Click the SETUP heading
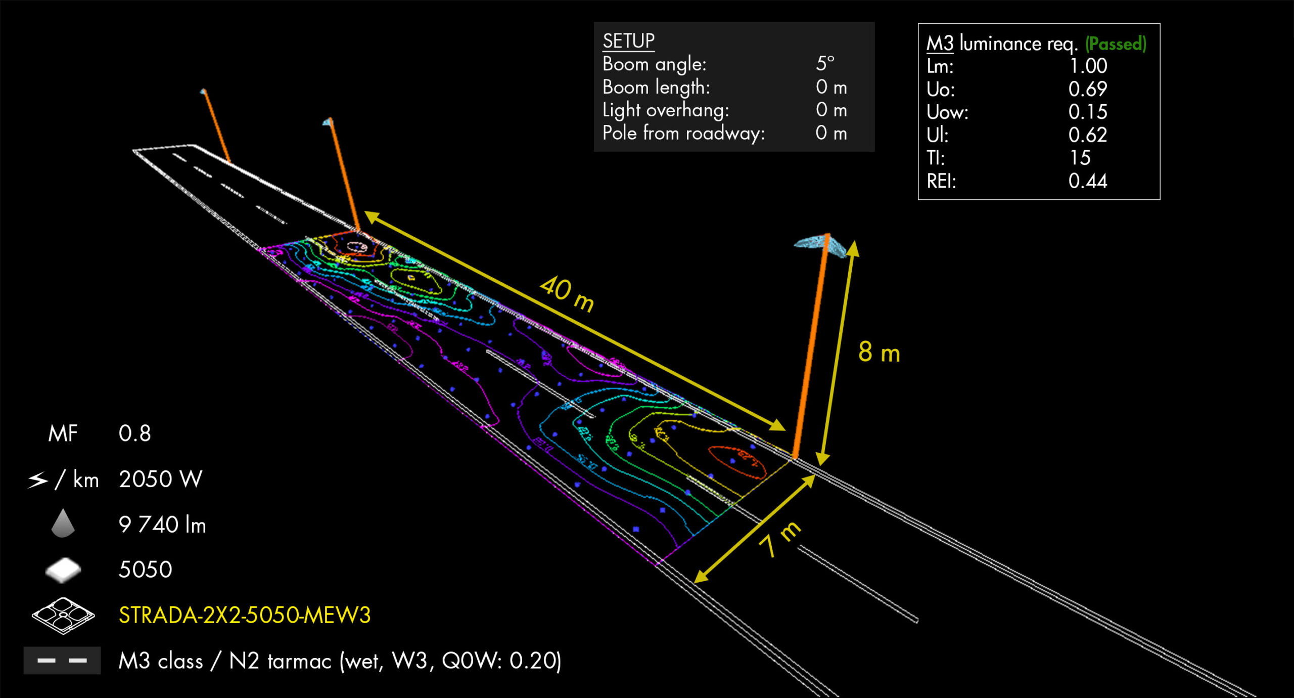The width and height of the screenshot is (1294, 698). coord(628,41)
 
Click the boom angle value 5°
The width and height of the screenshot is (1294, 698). coord(825,64)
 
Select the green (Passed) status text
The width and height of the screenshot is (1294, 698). coord(1116,44)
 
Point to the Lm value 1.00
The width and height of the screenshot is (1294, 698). coord(1088,66)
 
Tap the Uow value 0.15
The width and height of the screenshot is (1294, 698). coord(1088,112)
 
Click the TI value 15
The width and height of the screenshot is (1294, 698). coord(1080,158)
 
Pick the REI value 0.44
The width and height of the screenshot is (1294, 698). coord(1088,181)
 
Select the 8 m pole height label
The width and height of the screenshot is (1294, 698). coord(879,352)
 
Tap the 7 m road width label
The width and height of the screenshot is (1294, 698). coord(780,539)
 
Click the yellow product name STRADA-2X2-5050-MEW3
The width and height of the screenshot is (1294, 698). coord(245,616)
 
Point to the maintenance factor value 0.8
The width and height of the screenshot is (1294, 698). coord(134,433)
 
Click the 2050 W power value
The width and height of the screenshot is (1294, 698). coord(160,479)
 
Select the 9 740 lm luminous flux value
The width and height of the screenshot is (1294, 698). coord(162,525)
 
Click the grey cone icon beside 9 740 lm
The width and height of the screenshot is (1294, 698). coord(63,523)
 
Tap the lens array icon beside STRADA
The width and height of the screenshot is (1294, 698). coord(63,615)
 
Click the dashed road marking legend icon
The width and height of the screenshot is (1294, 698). coord(62,661)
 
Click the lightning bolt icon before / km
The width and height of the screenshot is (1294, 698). coord(38,479)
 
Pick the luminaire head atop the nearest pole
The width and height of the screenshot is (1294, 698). coord(819,244)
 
